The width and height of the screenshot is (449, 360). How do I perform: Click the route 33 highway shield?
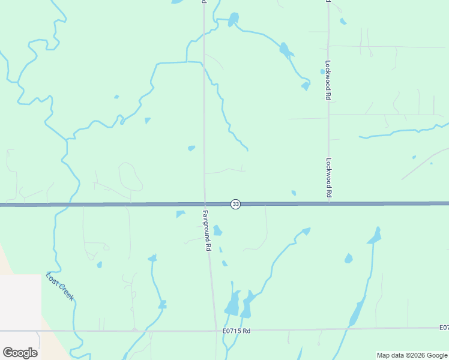coord(235,205)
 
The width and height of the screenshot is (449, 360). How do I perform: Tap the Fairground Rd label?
coord(206,230)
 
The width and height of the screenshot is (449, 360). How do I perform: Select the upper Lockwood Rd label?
coord(328,79)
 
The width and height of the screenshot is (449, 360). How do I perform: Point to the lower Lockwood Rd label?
coord(328,178)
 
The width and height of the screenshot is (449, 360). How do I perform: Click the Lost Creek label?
coord(60,286)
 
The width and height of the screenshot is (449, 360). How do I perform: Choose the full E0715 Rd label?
coord(236,331)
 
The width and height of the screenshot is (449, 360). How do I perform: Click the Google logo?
coord(20,352)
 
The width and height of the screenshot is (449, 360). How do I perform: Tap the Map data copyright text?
coord(412,355)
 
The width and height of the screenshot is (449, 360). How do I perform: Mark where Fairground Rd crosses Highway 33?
coord(205,204)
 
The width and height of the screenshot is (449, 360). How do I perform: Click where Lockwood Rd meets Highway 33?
coord(329,203)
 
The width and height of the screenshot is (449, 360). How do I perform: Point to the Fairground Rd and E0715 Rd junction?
coord(215,330)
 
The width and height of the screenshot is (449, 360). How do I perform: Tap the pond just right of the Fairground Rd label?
coord(217,230)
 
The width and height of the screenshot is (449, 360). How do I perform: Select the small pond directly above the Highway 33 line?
coord(294,193)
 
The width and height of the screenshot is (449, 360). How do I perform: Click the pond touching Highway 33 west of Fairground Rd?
coord(180,214)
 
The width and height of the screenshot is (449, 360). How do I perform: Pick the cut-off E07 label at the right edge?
coord(443,328)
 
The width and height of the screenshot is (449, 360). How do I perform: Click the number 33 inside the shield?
coord(235,205)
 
